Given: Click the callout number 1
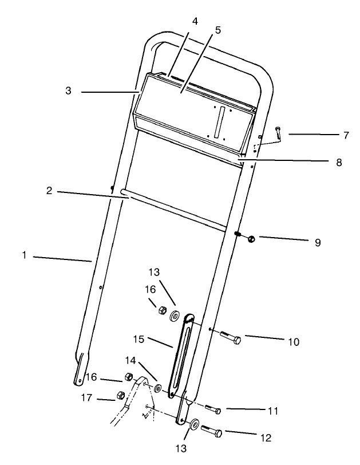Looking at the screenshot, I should [25, 255].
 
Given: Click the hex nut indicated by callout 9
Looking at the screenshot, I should [251, 239].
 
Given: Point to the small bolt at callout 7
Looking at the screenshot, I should [278, 135].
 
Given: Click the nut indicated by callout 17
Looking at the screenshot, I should [121, 395].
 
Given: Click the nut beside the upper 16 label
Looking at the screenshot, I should [161, 311].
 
